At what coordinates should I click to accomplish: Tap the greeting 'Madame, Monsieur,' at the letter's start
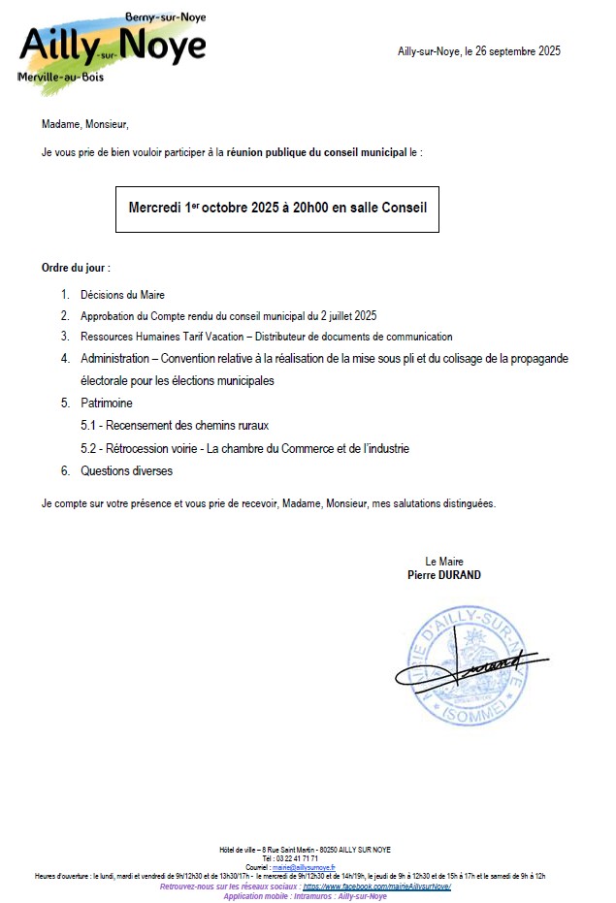tap(85, 124)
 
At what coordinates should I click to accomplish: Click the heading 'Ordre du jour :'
tap(76, 267)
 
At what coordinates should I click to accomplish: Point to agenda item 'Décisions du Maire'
tap(123, 295)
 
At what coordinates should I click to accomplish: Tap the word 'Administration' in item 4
tap(115, 358)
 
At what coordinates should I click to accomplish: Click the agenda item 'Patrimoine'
tap(107, 403)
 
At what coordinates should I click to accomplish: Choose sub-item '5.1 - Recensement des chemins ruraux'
tap(175, 425)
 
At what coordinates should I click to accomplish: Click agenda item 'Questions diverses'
tap(126, 471)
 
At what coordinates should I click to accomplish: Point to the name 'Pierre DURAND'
tap(444, 574)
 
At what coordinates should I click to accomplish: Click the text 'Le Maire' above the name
tap(444, 562)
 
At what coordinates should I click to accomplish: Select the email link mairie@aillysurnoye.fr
tap(304, 867)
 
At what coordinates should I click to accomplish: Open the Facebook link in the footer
tap(377, 887)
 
